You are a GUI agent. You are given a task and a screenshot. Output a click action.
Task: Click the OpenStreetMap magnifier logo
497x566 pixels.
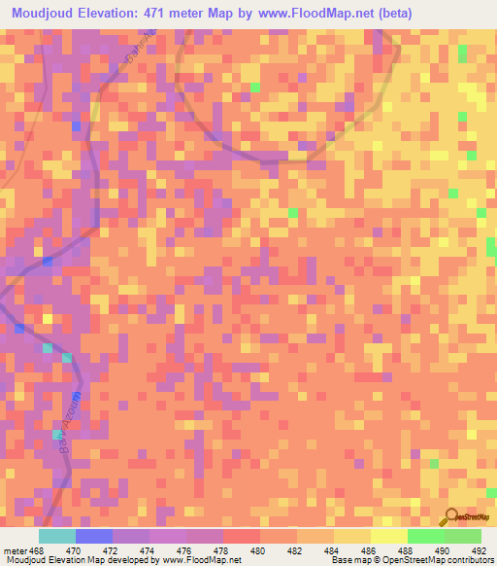pos(452,515)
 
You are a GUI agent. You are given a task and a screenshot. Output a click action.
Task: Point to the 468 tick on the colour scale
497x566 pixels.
pos(35,549)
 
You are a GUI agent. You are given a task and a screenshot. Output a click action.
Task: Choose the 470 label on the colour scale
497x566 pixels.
pos(72,549)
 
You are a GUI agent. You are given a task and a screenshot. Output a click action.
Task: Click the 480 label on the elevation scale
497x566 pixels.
pos(259,549)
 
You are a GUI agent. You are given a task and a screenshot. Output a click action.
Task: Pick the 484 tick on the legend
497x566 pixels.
pos(333,549)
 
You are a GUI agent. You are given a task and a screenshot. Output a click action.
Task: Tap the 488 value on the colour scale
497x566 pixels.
pos(406,549)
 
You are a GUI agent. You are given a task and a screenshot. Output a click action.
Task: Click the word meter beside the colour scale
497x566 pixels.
pos(13,549)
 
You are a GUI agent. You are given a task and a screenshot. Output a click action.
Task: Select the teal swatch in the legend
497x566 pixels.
pos(56,536)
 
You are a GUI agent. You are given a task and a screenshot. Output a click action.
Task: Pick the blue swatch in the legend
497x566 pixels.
pos(93,536)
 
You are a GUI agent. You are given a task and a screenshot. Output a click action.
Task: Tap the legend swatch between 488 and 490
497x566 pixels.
pos(425,536)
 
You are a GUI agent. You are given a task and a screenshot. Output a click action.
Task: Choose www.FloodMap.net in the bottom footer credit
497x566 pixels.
pos(202,559)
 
